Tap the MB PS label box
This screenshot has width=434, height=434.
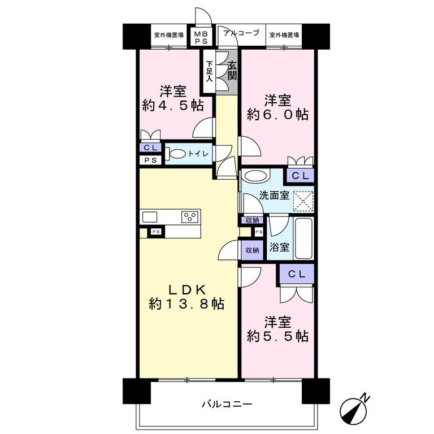click(x=201, y=37)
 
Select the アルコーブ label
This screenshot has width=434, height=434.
click(x=241, y=33)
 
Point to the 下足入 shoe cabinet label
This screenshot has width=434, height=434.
click(x=210, y=71)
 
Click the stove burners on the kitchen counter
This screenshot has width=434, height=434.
click(x=190, y=216)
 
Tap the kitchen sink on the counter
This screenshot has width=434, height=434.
click(x=149, y=217)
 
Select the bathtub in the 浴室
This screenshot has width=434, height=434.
click(x=303, y=239)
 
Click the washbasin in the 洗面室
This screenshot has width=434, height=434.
click(x=257, y=176)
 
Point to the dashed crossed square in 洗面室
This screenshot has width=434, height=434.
click(x=303, y=201)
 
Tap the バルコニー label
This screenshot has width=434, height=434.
click(x=227, y=405)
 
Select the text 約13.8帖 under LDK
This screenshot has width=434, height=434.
click(x=186, y=305)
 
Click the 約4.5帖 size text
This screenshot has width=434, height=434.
click(x=173, y=106)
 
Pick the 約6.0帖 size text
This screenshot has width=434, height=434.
click(x=277, y=114)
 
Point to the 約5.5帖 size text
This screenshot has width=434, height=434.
click(x=277, y=336)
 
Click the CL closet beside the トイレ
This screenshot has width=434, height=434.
click(x=150, y=147)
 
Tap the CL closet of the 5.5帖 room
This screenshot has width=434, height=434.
click(x=297, y=274)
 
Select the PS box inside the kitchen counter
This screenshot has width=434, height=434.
click(x=156, y=231)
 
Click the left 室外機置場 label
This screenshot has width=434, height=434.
click(x=168, y=35)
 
